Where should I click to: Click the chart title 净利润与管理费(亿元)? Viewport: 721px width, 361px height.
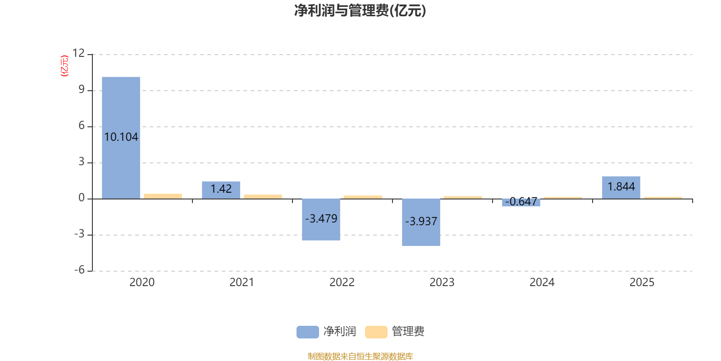point(360,11)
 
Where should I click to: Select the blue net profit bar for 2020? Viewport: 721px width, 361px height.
point(121,138)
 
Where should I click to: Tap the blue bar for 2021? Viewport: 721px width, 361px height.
point(221,190)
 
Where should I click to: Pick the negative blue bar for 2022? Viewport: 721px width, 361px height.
point(321,219)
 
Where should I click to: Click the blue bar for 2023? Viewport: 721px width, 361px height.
point(421,222)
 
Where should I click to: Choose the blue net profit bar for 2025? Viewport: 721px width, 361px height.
point(621,188)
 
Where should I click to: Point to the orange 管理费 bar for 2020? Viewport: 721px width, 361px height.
point(163,196)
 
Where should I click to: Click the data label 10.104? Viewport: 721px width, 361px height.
point(121,137)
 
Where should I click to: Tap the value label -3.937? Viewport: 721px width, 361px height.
point(421,221)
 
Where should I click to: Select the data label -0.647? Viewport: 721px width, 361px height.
point(521,201)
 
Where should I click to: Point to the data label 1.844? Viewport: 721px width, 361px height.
point(621,186)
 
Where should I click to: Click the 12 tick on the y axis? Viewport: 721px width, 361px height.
point(78,53)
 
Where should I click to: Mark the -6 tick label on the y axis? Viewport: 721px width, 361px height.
point(79,270)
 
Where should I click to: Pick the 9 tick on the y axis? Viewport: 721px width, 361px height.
point(82,89)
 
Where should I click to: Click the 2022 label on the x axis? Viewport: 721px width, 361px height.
point(342,282)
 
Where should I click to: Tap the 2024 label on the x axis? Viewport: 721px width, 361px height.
point(542,282)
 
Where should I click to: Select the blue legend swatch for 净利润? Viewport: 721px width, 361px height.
point(308,332)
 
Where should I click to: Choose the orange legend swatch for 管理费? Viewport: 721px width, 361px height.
point(376,332)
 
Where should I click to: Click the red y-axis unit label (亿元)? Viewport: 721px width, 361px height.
point(65,66)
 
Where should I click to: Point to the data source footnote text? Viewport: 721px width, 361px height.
point(360,356)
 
